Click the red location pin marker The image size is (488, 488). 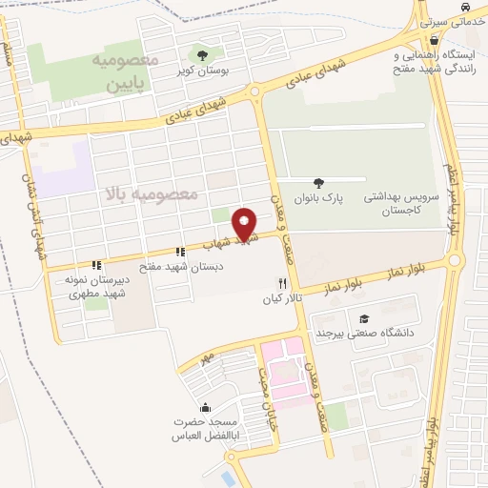pyautogui.click(x=245, y=224)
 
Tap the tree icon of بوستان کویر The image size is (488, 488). pyautogui.click(x=201, y=53)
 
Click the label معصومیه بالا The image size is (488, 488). pyautogui.click(x=152, y=195)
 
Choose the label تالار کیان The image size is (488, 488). pyautogui.click(x=282, y=299)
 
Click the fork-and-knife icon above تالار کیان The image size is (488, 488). pyautogui.click(x=281, y=283)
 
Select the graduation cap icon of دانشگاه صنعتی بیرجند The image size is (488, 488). pyautogui.click(x=363, y=320)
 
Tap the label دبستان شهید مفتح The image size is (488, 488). pyautogui.click(x=181, y=268)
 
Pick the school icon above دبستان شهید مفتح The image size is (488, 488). pyautogui.click(x=180, y=253)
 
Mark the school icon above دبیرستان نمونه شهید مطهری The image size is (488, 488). pyautogui.click(x=95, y=266)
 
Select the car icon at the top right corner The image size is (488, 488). pyautogui.click(x=463, y=8)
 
